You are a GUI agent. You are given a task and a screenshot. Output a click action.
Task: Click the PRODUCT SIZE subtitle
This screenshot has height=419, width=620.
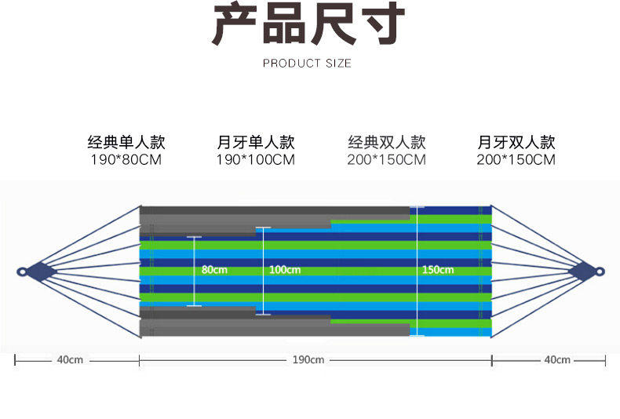click(x=307, y=64)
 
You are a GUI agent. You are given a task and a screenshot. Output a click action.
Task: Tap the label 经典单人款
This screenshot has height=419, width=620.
click(x=126, y=143)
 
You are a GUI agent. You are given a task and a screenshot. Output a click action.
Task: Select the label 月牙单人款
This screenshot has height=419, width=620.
click(x=256, y=143)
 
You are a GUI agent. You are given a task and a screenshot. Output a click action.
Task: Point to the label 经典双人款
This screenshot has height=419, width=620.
click(x=386, y=143)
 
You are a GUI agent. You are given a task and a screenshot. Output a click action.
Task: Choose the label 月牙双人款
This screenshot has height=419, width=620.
click(x=516, y=143)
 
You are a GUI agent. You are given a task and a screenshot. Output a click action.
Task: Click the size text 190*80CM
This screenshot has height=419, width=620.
click(x=126, y=160)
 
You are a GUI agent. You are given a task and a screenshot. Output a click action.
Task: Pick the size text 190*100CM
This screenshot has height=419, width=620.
click(x=256, y=160)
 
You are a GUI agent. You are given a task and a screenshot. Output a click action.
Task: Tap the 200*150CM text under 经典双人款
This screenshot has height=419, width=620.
click(x=386, y=160)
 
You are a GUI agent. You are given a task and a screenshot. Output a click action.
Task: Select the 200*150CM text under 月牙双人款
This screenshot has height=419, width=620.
click(x=516, y=160)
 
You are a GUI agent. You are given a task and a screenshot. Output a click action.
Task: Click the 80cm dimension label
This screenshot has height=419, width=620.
click(x=213, y=270)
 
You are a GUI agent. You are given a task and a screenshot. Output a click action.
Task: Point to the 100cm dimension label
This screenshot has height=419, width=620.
click(x=284, y=270)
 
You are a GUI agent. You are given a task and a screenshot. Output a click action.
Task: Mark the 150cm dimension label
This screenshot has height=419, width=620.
click(x=437, y=270)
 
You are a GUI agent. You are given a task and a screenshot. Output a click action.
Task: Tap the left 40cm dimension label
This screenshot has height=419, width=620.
click(x=70, y=360)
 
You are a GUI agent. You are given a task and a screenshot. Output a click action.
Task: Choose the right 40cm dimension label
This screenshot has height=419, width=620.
click(x=557, y=360)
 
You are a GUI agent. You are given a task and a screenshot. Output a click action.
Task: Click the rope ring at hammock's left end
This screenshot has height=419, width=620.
click(x=22, y=272)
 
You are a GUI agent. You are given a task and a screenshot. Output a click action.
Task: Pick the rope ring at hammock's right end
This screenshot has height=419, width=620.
click(x=600, y=272)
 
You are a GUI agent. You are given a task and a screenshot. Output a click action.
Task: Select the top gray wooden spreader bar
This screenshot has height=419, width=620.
click(x=275, y=211)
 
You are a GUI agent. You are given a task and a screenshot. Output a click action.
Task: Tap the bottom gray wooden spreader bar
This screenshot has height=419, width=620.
click(x=275, y=328)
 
